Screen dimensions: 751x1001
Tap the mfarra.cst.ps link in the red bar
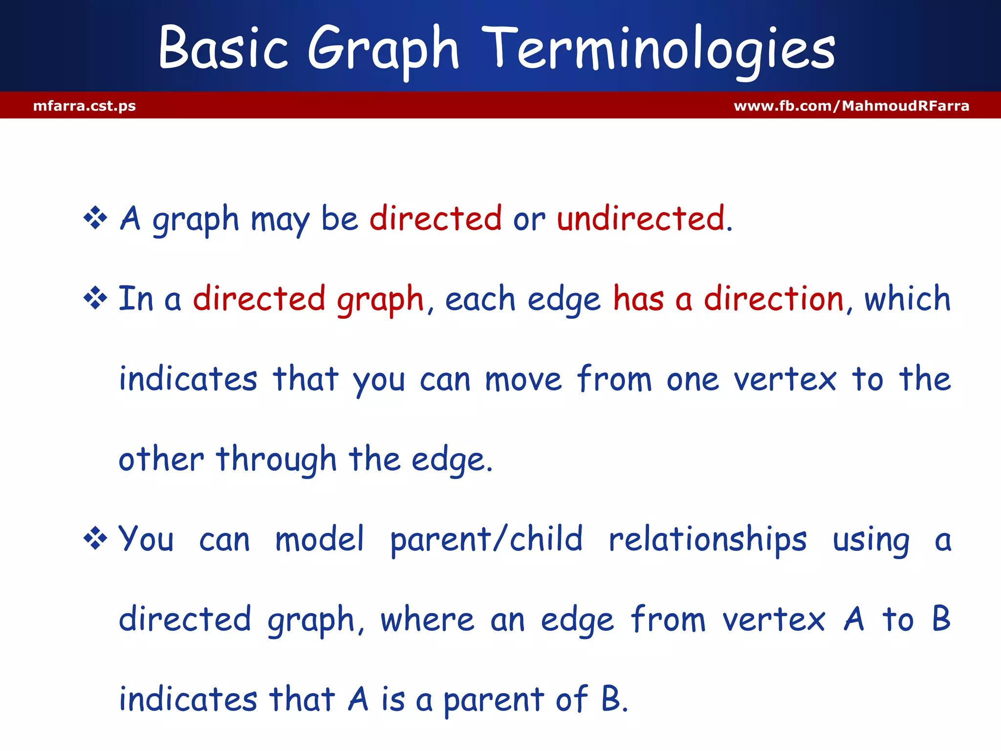[85, 106]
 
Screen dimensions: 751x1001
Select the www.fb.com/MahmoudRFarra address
[851, 106]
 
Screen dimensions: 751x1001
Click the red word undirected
[641, 218]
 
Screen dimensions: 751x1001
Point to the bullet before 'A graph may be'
[95, 218]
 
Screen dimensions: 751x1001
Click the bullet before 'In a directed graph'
[95, 298]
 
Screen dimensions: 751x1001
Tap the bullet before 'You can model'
[95, 539]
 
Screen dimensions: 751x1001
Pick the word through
[277, 460]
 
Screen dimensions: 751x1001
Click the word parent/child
[486, 540]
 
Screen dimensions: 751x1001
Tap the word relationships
[707, 540]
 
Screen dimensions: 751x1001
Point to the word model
[320, 539]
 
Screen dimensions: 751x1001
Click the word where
[427, 619]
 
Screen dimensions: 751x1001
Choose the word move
[523, 380]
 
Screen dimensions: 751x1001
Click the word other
[161, 460]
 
